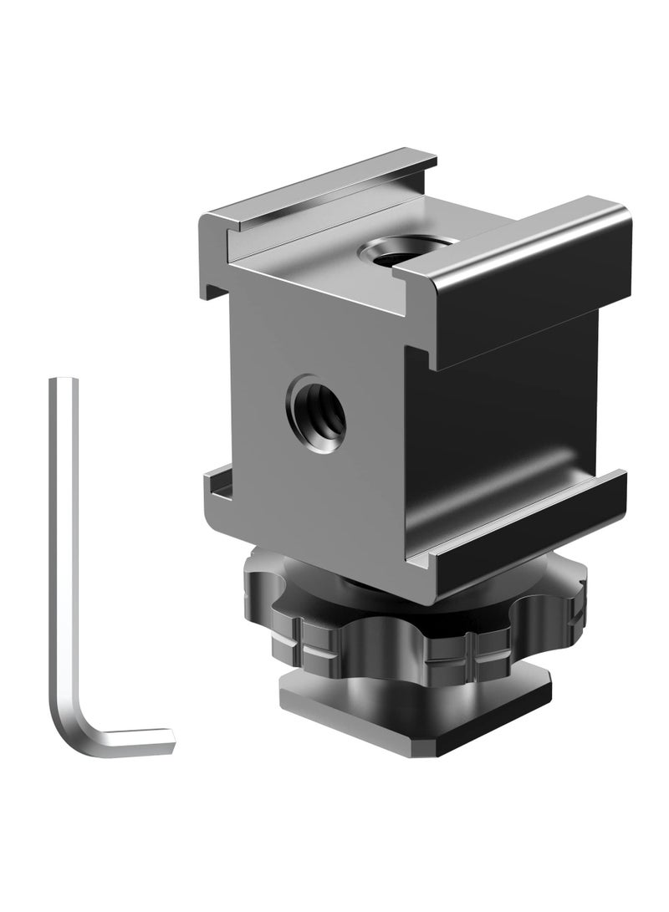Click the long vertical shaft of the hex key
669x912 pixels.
pyautogui.click(x=63, y=543)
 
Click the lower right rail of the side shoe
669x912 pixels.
pyautogui.click(x=518, y=527)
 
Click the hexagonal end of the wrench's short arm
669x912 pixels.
pyautogui.click(x=172, y=741)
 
